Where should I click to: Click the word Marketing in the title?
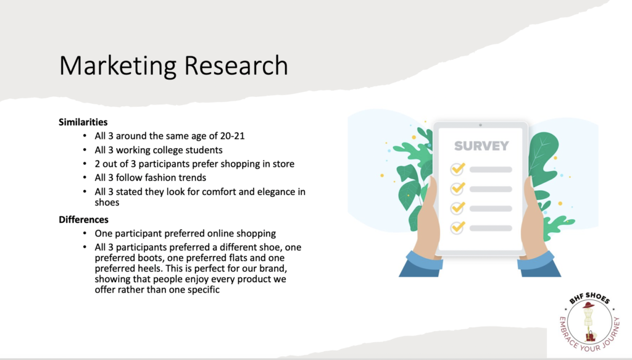pyautogui.click(x=118, y=66)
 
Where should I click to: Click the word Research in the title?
pyautogui.click(x=236, y=65)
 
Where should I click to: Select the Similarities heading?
pyautogui.click(x=83, y=122)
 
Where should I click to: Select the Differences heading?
pyautogui.click(x=83, y=220)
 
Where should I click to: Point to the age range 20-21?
pyautogui.click(x=232, y=136)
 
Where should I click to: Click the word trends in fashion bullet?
pyautogui.click(x=194, y=178)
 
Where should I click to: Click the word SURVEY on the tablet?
pyautogui.click(x=481, y=146)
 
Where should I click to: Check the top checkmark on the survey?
pyautogui.click(x=458, y=169)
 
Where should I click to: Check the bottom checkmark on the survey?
pyautogui.click(x=458, y=227)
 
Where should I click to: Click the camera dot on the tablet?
pyautogui.click(x=480, y=125)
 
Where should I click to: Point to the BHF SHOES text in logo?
pyautogui.click(x=589, y=298)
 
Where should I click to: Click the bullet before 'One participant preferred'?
pyautogui.click(x=85, y=233)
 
